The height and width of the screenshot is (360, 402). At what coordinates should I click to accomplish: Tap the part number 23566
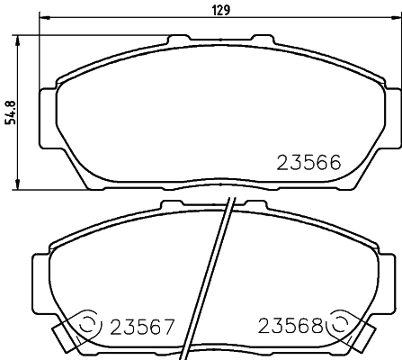[x=307, y=163]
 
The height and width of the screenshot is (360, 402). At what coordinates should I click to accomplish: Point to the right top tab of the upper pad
[x=263, y=40]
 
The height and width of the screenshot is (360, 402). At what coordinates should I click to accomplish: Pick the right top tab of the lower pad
[x=260, y=206]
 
